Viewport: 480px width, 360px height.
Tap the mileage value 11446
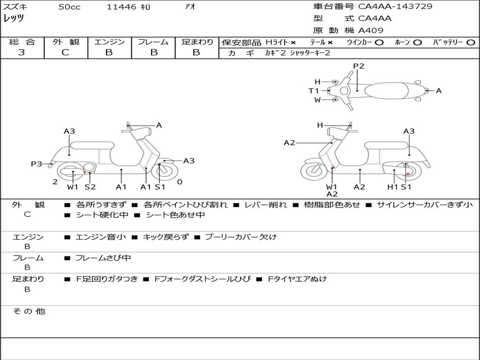pos(121,7)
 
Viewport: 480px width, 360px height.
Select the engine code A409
pos(371,30)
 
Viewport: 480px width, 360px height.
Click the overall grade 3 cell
pos(22,52)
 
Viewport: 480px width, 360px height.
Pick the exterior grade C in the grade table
pos(65,52)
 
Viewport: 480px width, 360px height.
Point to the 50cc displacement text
pos(69,7)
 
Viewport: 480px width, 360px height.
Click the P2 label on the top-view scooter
pos(359,66)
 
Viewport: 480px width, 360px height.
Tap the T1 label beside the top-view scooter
pos(314,91)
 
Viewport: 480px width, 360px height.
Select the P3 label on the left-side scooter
pos(37,164)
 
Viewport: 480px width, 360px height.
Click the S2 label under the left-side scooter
pos(90,187)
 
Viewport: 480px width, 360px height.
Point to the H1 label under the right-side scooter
pos(393,187)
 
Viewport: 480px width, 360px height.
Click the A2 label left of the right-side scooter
pos(289,143)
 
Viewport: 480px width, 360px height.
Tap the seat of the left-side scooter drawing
pos(92,145)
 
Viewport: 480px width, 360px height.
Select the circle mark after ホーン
pos(417,42)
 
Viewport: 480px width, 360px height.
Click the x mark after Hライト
pos(293,42)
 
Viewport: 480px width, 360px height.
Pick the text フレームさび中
pos(103,258)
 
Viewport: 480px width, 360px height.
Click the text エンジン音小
pos(100,237)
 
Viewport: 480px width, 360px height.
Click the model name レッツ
pos(14,18)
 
